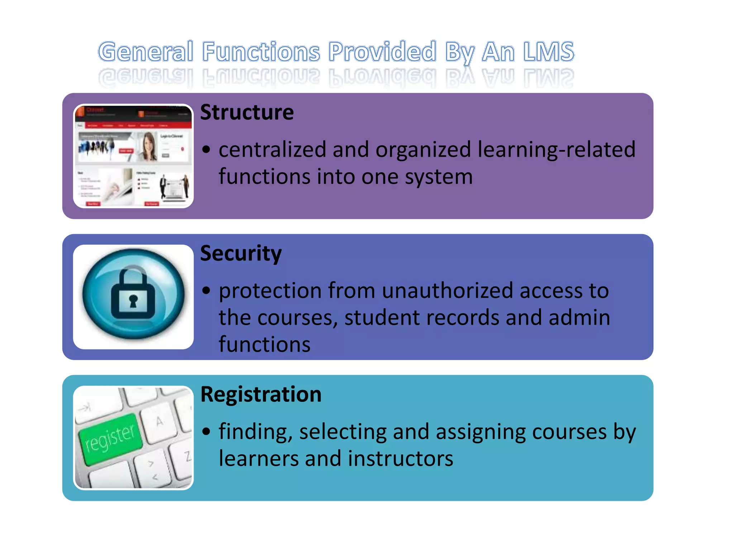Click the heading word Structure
(x=247, y=113)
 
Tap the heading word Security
(x=241, y=254)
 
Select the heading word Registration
(x=261, y=395)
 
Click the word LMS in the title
(x=548, y=52)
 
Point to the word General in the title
(x=146, y=52)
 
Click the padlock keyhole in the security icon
(x=133, y=301)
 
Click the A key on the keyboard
(x=159, y=422)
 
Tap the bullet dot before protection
(x=206, y=290)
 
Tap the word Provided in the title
(x=382, y=52)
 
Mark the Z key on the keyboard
(x=187, y=457)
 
